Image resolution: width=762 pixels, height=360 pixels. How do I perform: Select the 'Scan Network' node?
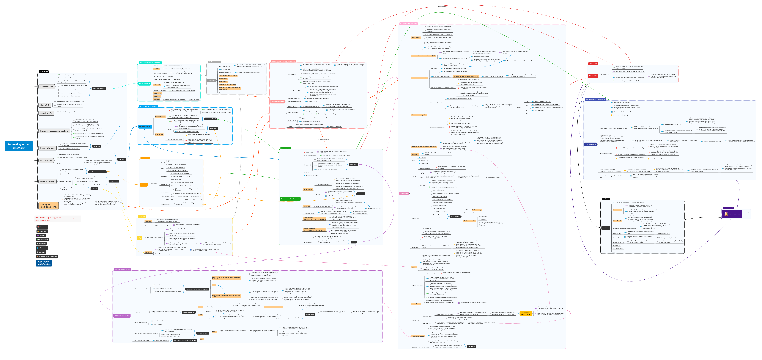click(46, 87)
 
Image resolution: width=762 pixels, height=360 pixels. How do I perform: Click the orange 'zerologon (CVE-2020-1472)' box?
click(49, 206)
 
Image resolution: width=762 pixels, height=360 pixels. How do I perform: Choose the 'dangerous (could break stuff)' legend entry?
click(47, 256)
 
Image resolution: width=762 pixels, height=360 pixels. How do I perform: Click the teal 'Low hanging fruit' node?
click(144, 84)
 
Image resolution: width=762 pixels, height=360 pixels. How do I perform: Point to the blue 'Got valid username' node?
click(145, 127)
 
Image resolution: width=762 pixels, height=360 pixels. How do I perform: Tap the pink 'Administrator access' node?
click(277, 101)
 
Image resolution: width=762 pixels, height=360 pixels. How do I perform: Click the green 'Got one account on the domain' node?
click(290, 199)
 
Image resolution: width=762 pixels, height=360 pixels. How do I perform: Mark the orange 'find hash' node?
click(144, 185)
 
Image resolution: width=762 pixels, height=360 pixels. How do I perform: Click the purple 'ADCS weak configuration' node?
click(122, 316)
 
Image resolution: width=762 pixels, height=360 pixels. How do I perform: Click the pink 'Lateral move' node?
click(404, 193)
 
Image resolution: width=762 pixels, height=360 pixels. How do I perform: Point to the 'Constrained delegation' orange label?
click(419, 115)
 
